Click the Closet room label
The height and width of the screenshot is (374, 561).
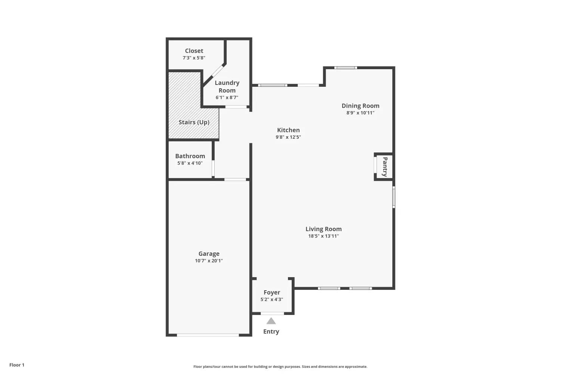pyautogui.click(x=194, y=51)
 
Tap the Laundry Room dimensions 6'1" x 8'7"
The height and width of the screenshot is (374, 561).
pyautogui.click(x=227, y=98)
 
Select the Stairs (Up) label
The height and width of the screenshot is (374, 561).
pyautogui.click(x=194, y=122)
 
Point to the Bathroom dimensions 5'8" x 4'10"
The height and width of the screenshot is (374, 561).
pyautogui.click(x=190, y=163)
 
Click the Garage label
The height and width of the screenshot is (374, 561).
pyautogui.click(x=209, y=254)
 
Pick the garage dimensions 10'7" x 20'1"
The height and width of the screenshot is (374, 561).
pyautogui.click(x=209, y=261)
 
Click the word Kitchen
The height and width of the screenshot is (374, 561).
pyautogui.click(x=288, y=130)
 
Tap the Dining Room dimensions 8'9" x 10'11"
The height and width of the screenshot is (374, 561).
pyautogui.click(x=361, y=113)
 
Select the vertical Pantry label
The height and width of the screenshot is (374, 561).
pyautogui.click(x=385, y=167)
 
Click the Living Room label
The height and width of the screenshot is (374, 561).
pyautogui.click(x=324, y=229)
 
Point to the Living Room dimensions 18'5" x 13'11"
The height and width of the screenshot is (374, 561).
pyautogui.click(x=324, y=236)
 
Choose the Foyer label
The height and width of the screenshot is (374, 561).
pyautogui.click(x=272, y=292)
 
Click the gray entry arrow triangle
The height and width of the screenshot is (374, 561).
pyautogui.click(x=271, y=321)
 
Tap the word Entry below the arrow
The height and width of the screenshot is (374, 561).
pyautogui.click(x=271, y=332)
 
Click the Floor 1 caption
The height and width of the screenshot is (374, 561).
pyautogui.click(x=17, y=365)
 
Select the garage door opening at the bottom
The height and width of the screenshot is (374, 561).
pyautogui.click(x=208, y=335)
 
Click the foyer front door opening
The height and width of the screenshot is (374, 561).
pyautogui.click(x=272, y=313)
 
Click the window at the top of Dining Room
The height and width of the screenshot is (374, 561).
pyautogui.click(x=346, y=68)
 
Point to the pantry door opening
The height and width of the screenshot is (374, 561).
pyautogui.click(x=375, y=165)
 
